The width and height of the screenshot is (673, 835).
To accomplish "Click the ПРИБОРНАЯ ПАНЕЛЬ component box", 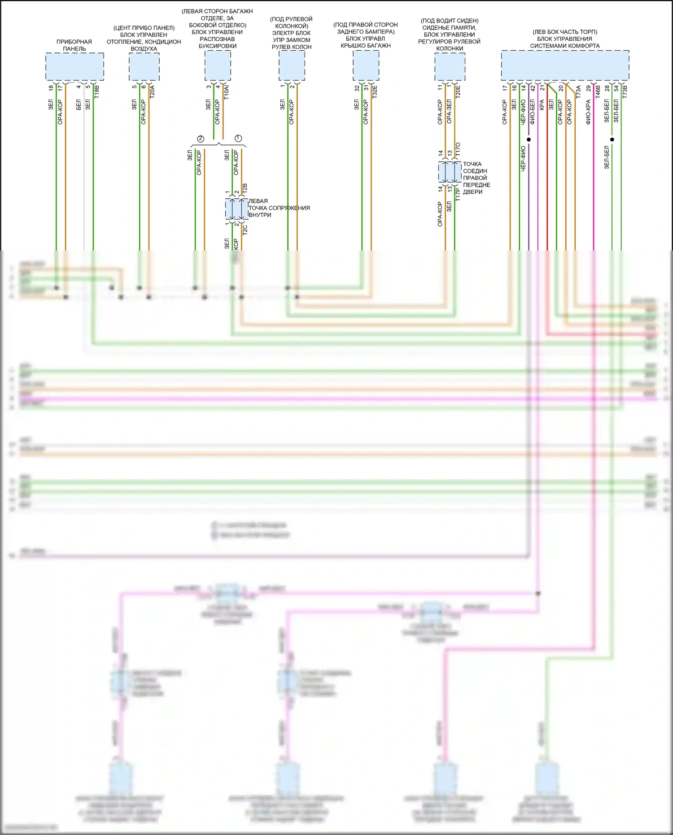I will pyautogui.click(x=74, y=66).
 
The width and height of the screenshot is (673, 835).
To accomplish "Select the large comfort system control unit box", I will pyautogui.click(x=564, y=66).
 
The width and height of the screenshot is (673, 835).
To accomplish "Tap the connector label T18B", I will pyautogui.click(x=96, y=92).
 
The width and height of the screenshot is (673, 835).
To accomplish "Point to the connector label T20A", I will pyautogui.click(x=152, y=92).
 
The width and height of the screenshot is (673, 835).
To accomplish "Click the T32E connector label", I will pyautogui.click(x=374, y=92).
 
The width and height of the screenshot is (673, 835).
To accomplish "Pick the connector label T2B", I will pyautogui.click(x=245, y=188).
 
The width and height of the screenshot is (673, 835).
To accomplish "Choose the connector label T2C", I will pyautogui.click(x=245, y=230).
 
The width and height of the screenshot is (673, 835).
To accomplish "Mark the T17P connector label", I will pyautogui.click(x=458, y=194).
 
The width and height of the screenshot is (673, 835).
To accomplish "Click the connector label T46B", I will pyautogui.click(x=598, y=92).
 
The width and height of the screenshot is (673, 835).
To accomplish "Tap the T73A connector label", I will pyautogui.click(x=578, y=92).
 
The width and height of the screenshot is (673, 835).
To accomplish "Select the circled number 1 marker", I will pyautogui.click(x=238, y=138).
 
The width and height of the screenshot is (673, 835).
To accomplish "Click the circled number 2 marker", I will pyautogui.click(x=201, y=139).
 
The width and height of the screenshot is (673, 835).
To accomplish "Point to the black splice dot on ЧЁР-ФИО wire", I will pyautogui.click(x=529, y=140).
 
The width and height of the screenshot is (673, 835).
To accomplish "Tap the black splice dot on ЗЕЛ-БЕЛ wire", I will pyautogui.click(x=612, y=140).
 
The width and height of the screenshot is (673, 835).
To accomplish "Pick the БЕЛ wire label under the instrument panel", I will pyautogui.click(x=79, y=105).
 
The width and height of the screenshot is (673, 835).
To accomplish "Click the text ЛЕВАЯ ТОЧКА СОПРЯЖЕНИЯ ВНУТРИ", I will pyautogui.click(x=279, y=208).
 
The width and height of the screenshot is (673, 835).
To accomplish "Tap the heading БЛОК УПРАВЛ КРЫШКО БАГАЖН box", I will pyautogui.click(x=366, y=66).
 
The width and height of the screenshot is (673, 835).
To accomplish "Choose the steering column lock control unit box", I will pyautogui.click(x=292, y=66).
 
